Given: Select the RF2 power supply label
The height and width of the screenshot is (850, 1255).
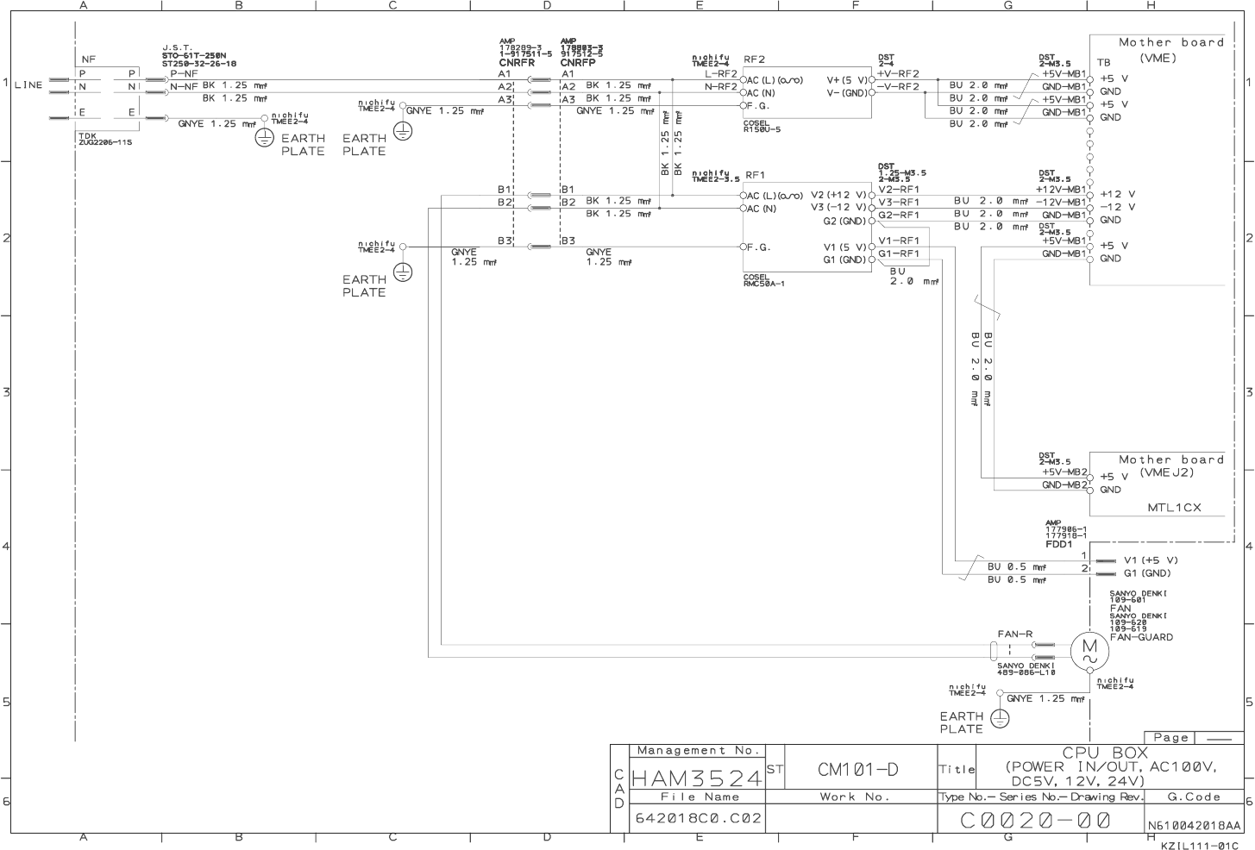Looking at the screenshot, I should point(755,59).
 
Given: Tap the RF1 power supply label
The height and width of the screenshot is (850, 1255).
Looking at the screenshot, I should point(755,176).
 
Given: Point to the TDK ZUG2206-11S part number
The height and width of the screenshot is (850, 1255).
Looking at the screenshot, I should point(104,140).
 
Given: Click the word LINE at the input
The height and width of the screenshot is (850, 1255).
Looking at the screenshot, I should point(28,85).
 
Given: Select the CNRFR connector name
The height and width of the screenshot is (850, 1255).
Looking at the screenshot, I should point(517,63).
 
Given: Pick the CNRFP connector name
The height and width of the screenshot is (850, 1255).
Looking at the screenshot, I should point(577,63).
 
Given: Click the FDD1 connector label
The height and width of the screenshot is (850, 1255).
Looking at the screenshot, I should point(1058,545).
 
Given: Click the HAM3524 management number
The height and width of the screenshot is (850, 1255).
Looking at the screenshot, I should point(697,778).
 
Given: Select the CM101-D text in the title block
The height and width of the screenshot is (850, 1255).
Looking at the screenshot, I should point(857,769).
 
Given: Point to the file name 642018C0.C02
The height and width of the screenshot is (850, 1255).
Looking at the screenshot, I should point(699,817).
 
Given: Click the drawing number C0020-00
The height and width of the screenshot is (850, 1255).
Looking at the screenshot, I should point(1035,820).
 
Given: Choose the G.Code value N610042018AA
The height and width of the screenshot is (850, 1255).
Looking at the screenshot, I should point(1194,825).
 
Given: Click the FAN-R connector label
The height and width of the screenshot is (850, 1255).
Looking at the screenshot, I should point(1015,634).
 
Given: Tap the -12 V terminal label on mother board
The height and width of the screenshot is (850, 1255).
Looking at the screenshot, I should point(1118,207).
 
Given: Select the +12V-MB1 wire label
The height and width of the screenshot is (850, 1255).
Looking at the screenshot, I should point(1061,189).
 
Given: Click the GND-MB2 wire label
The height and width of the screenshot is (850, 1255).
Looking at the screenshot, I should point(1064,485).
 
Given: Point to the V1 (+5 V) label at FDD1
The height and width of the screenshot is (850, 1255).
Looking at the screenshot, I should point(1151,560).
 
